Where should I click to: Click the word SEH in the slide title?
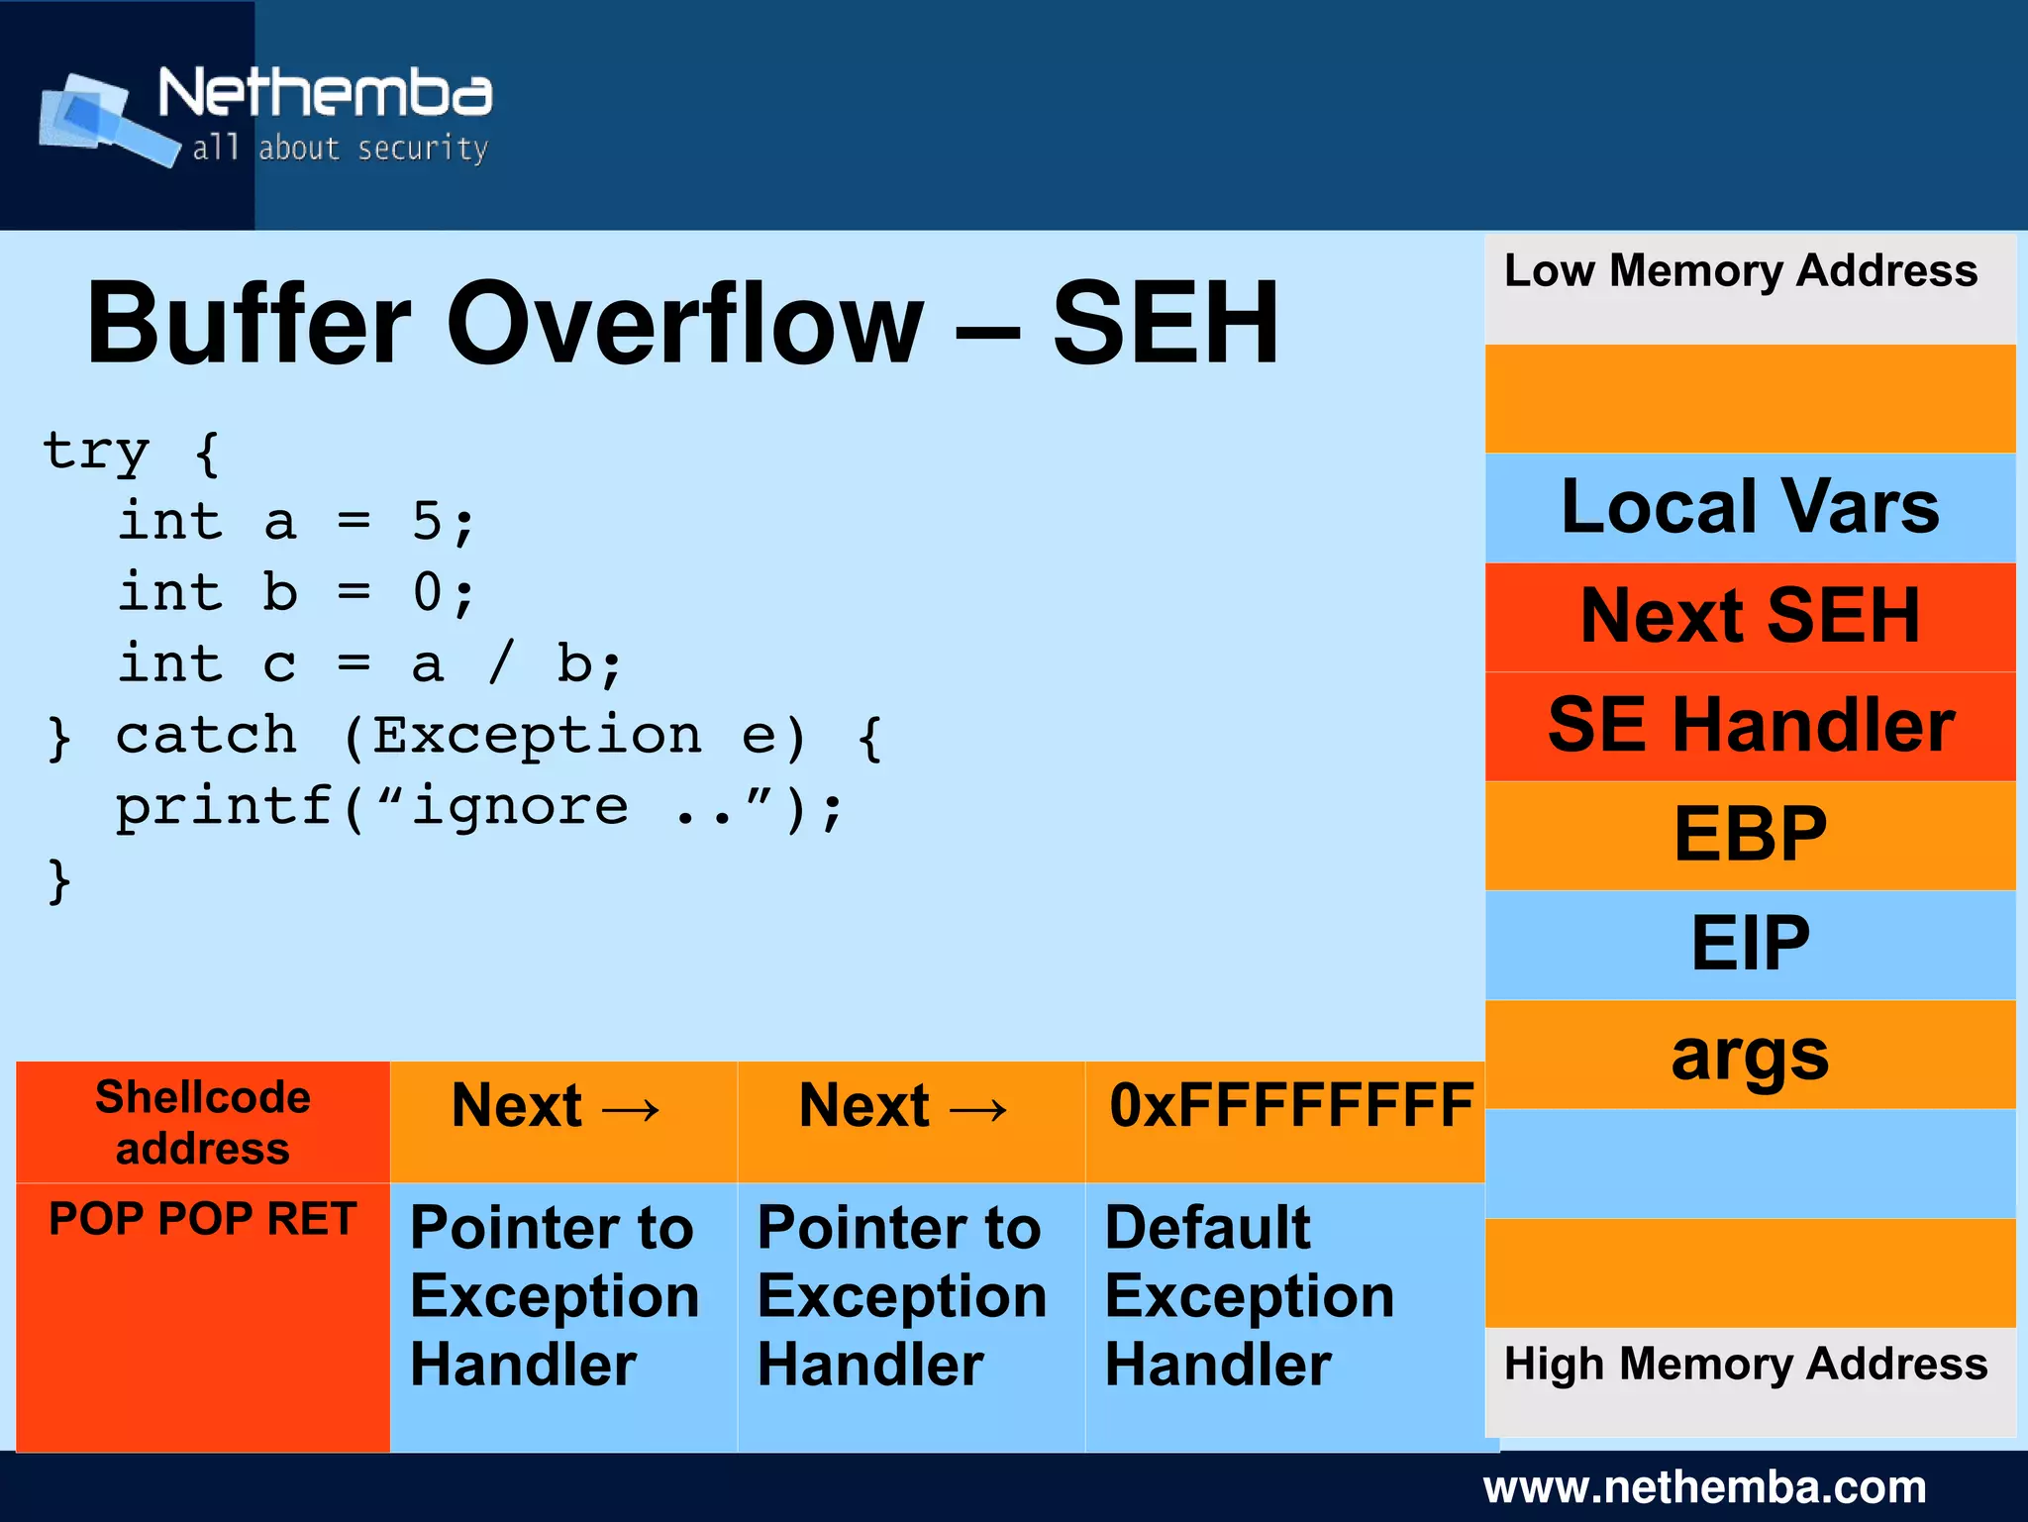click(x=1165, y=324)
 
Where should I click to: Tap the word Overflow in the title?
click(x=683, y=324)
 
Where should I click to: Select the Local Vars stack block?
click(x=1749, y=507)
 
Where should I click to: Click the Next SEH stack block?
click(x=1749, y=616)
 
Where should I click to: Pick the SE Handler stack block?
click(x=1749, y=726)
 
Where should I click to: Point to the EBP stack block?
click(x=1749, y=835)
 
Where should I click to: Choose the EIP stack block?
click(x=1749, y=944)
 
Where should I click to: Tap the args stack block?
click(x=1749, y=1054)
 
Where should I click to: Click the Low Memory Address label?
click(x=1740, y=271)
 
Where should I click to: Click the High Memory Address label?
click(x=1745, y=1365)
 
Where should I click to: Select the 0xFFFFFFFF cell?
click(x=1290, y=1106)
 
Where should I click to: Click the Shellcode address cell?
click(x=203, y=1123)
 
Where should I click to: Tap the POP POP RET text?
click(x=203, y=1219)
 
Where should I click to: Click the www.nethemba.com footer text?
click(x=1703, y=1487)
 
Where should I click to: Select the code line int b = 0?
click(x=297, y=593)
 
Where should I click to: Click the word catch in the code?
click(x=206, y=736)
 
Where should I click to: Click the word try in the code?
click(x=96, y=452)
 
